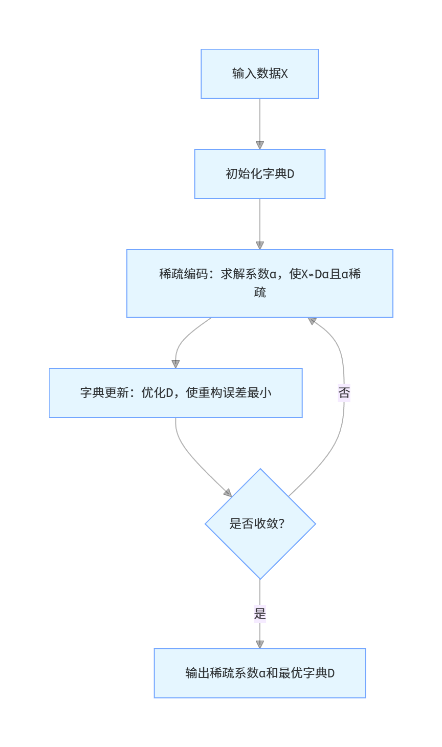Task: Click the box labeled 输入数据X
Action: click(260, 74)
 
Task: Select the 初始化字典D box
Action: click(260, 174)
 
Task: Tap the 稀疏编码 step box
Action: click(260, 283)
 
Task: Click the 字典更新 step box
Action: click(175, 393)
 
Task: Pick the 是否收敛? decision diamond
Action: click(260, 524)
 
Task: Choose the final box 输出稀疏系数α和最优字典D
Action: click(260, 673)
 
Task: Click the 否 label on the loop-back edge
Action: click(344, 393)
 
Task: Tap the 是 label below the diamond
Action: click(260, 613)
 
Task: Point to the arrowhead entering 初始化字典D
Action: click(260, 145)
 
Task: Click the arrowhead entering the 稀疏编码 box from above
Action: click(260, 245)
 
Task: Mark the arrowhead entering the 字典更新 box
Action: click(175, 364)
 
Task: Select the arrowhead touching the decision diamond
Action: click(228, 493)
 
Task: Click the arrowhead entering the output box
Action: click(260, 644)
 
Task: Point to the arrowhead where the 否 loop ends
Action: click(312, 321)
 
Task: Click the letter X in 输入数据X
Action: click(284, 74)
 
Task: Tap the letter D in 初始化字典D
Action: click(291, 174)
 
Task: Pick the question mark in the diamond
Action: click(281, 524)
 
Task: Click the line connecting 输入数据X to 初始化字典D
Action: click(260, 120)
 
